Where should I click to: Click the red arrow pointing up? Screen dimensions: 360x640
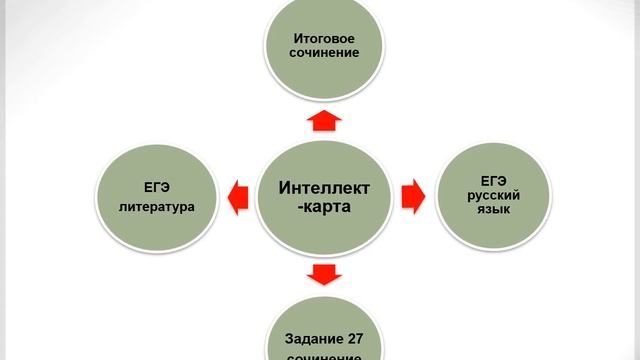pyautogui.click(x=322, y=121)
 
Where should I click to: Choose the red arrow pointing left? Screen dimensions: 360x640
pyautogui.click(x=236, y=196)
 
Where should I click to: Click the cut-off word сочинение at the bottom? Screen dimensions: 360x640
pyautogui.click(x=321, y=355)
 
